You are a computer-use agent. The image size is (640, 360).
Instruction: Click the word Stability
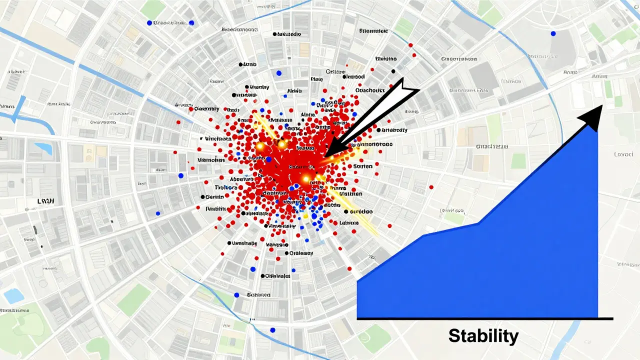coord(483,335)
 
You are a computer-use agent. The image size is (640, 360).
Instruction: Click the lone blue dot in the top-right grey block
coord(552,33)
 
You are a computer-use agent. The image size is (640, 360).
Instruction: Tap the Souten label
coord(362,166)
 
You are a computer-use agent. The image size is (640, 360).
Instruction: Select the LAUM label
coord(45,200)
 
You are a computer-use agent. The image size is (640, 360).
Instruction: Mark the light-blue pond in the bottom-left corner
coord(13,296)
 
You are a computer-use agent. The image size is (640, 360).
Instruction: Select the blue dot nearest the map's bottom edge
coord(272,330)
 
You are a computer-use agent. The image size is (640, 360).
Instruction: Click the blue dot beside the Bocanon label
coord(236,294)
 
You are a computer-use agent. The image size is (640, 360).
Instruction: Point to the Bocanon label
coord(258,295)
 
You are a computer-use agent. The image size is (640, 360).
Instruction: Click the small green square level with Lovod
coord(518,160)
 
